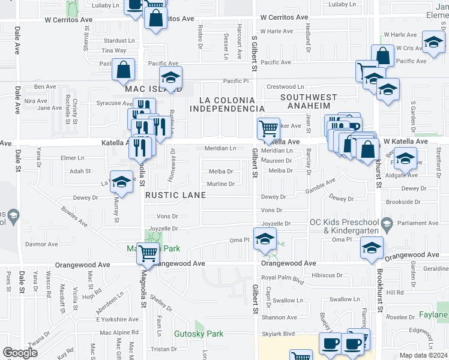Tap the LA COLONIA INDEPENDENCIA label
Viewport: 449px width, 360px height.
point(228,104)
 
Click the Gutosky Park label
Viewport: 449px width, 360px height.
point(198,334)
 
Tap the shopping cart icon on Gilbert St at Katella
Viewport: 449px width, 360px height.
point(268,127)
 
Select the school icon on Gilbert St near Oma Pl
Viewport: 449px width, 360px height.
point(264,238)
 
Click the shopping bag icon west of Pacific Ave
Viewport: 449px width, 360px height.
point(123,70)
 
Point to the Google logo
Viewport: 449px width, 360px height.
point(20,353)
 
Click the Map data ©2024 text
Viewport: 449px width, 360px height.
point(424,355)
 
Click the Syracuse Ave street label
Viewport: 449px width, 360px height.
point(110,103)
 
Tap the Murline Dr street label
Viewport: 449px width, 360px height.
point(220,184)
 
